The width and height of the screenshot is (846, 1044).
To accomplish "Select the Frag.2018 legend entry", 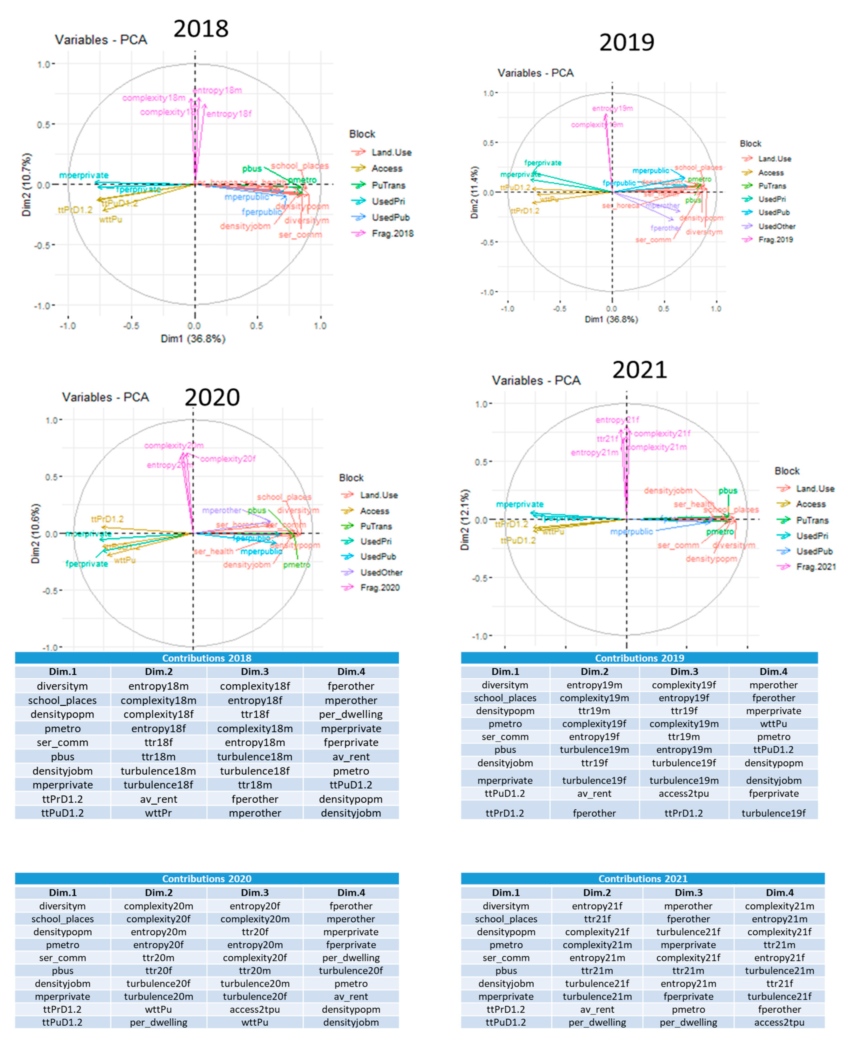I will [392, 234].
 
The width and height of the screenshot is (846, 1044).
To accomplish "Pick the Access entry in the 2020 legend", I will [374, 511].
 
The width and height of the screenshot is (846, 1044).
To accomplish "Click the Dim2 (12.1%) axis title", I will [465, 519].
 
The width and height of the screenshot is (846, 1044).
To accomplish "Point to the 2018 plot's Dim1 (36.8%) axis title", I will [193, 338].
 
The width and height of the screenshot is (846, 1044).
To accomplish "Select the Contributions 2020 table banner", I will [207, 878].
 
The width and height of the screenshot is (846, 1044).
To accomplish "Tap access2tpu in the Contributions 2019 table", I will [684, 793].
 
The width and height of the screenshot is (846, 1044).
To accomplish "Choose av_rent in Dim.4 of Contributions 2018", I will [351, 757].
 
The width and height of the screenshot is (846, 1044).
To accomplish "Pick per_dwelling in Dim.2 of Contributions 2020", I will [158, 1022].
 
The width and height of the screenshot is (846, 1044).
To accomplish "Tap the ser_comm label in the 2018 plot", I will [300, 235].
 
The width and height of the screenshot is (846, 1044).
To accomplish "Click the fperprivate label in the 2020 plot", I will [87, 564].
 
